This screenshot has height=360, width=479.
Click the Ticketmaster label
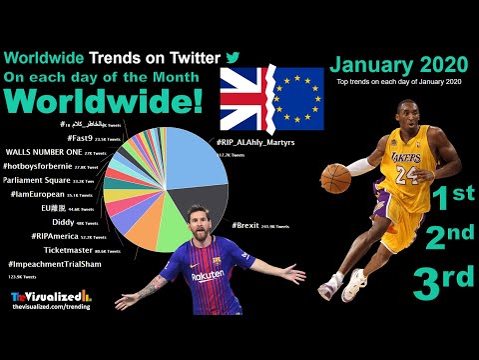coord(70,251)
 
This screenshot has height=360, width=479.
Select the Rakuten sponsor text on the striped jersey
coord(209,275)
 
